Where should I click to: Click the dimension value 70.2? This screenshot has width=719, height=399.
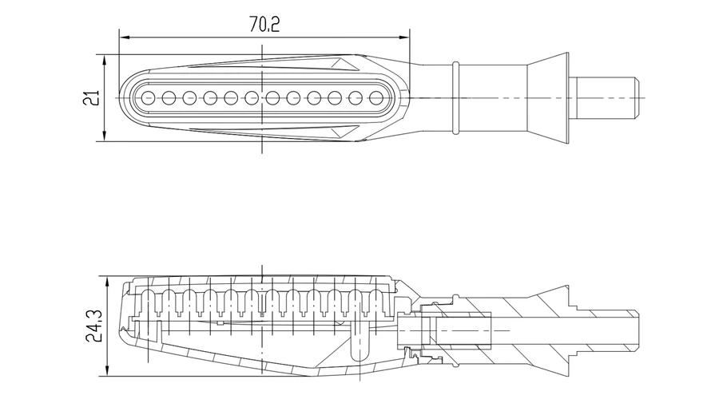(x=264, y=25)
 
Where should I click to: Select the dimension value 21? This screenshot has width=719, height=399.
(x=93, y=97)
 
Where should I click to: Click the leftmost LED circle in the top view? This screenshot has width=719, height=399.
(x=148, y=98)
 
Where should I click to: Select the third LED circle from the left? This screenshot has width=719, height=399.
(x=189, y=98)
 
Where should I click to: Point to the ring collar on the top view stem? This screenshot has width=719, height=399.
(x=455, y=97)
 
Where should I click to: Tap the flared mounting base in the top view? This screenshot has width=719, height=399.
(x=547, y=97)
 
